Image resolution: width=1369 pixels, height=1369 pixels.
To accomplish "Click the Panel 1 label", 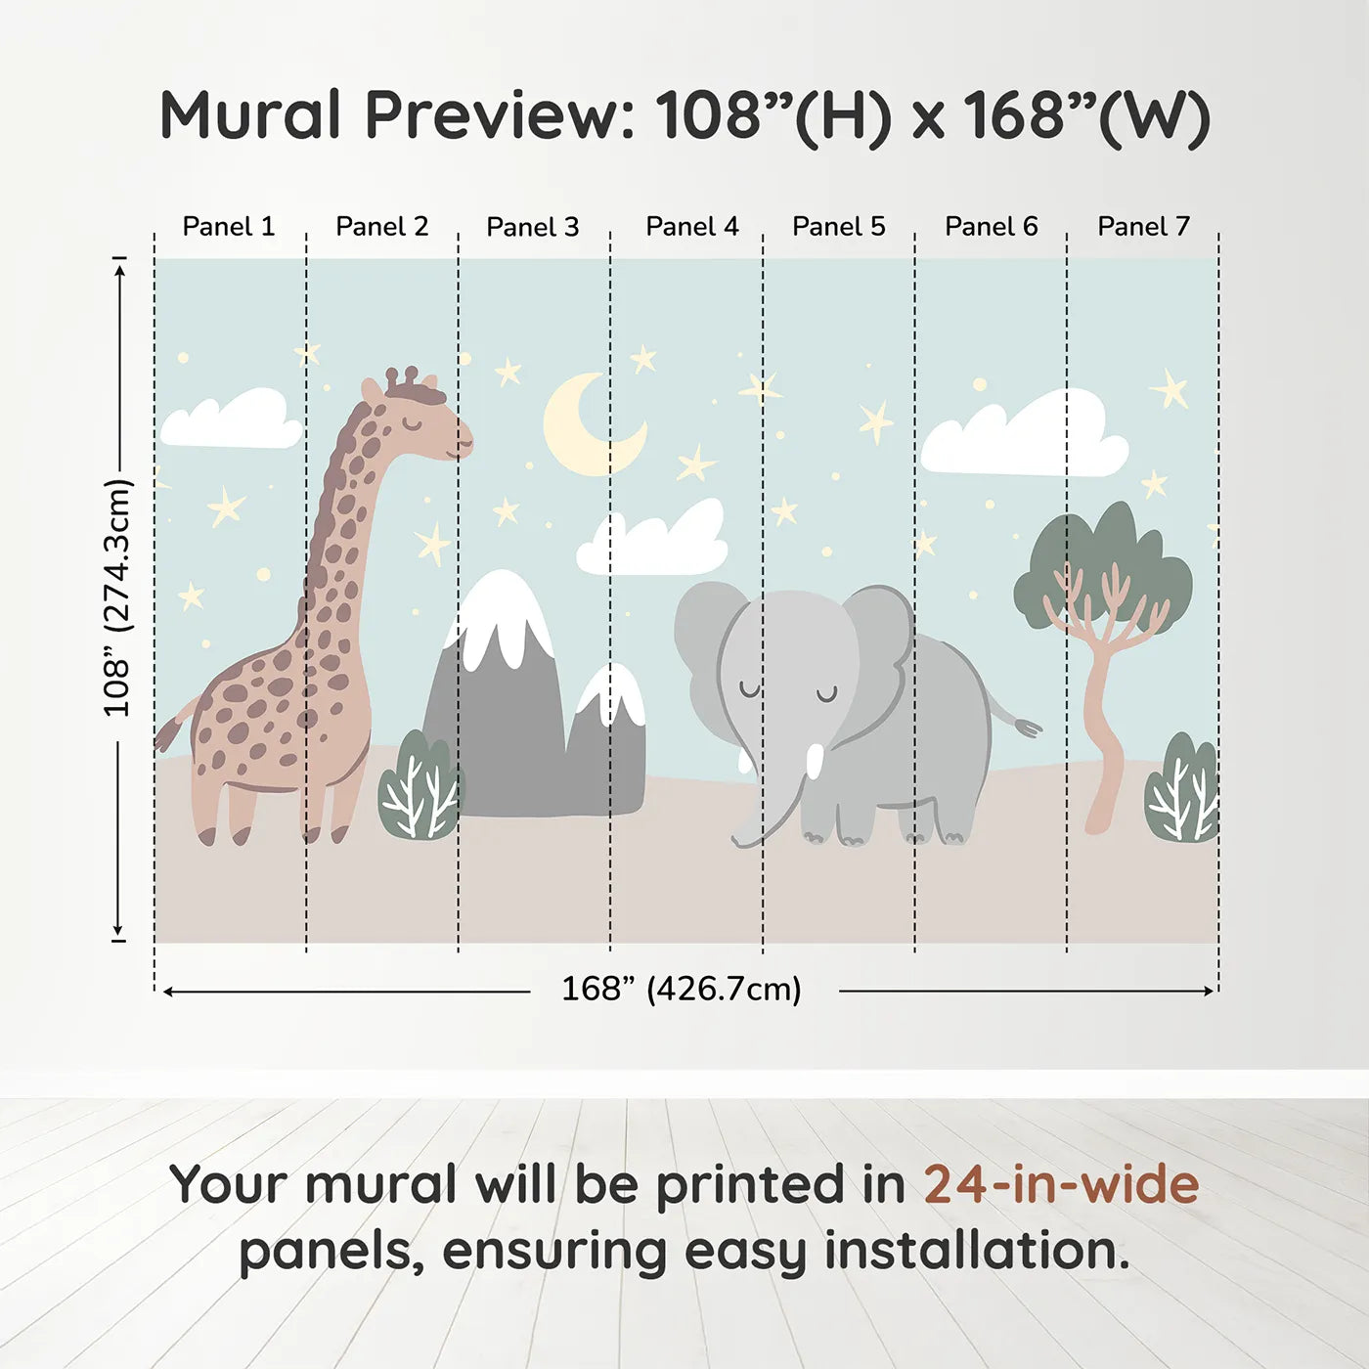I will pos(229,226).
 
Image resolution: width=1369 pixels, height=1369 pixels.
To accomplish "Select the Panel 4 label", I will pos(691,226).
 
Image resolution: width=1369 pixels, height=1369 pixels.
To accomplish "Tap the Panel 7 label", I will pos(1143,226).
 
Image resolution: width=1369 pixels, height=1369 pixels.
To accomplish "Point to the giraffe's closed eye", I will pos(415,423).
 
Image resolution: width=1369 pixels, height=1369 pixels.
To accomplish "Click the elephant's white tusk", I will pos(815,761).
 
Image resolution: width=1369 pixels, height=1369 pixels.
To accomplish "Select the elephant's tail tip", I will pos(1027,728).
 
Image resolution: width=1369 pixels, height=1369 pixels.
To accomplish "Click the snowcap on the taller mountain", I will pos(502,611).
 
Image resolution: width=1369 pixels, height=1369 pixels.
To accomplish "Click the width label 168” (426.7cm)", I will pos(681,989).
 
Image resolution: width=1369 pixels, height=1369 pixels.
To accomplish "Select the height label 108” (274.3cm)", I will pos(117,597).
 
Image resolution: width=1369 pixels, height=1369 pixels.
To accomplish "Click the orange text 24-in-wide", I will pos(1061,1184).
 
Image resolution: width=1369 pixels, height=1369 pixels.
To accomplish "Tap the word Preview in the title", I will pos(499,115).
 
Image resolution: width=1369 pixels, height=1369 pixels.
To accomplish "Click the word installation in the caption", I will pos(976,1251).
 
